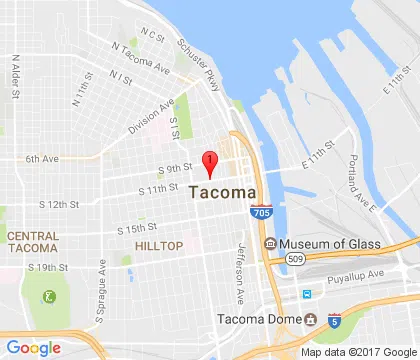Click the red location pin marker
[x=209, y=161]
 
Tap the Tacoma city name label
[x=222, y=192]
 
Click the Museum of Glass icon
[x=269, y=244]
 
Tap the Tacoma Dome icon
[x=310, y=320]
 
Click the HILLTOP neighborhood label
[x=159, y=246]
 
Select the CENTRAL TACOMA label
[x=32, y=241]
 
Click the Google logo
[x=33, y=347]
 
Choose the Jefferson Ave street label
[x=240, y=275]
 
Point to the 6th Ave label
[x=42, y=158]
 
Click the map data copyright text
[x=358, y=352]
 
